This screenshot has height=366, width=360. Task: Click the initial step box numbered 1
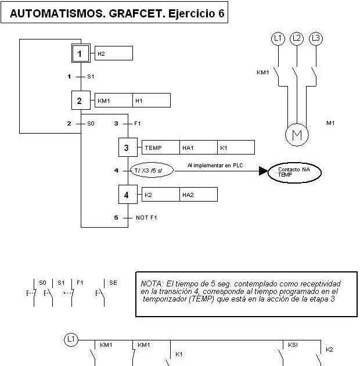coord(81,54)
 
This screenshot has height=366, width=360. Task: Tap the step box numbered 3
coord(127,148)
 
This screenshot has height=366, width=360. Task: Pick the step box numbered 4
coord(127,195)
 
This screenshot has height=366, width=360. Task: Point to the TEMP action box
coord(160,148)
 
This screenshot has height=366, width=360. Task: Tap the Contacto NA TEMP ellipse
coord(294,171)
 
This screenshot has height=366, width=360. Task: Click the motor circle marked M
coord(297,135)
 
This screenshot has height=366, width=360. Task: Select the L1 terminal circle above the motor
coord(278,39)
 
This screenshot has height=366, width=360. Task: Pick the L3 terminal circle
coord(316,39)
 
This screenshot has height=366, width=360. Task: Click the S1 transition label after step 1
coord(91,77)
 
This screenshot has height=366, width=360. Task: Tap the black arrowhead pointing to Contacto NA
coord(263,171)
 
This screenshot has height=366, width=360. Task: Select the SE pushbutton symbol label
coord(113,282)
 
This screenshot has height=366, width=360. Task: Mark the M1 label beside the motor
coord(331,123)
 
